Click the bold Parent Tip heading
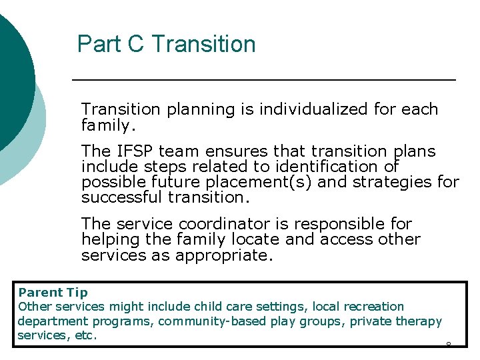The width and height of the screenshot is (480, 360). pyautogui.click(x=53, y=292)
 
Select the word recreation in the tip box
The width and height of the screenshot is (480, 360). pyautogui.click(x=373, y=307)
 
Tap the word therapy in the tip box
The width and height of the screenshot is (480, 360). pyautogui.click(x=419, y=321)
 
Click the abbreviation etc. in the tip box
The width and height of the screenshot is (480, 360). pyautogui.click(x=87, y=336)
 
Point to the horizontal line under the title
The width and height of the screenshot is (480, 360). pyautogui.click(x=263, y=80)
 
